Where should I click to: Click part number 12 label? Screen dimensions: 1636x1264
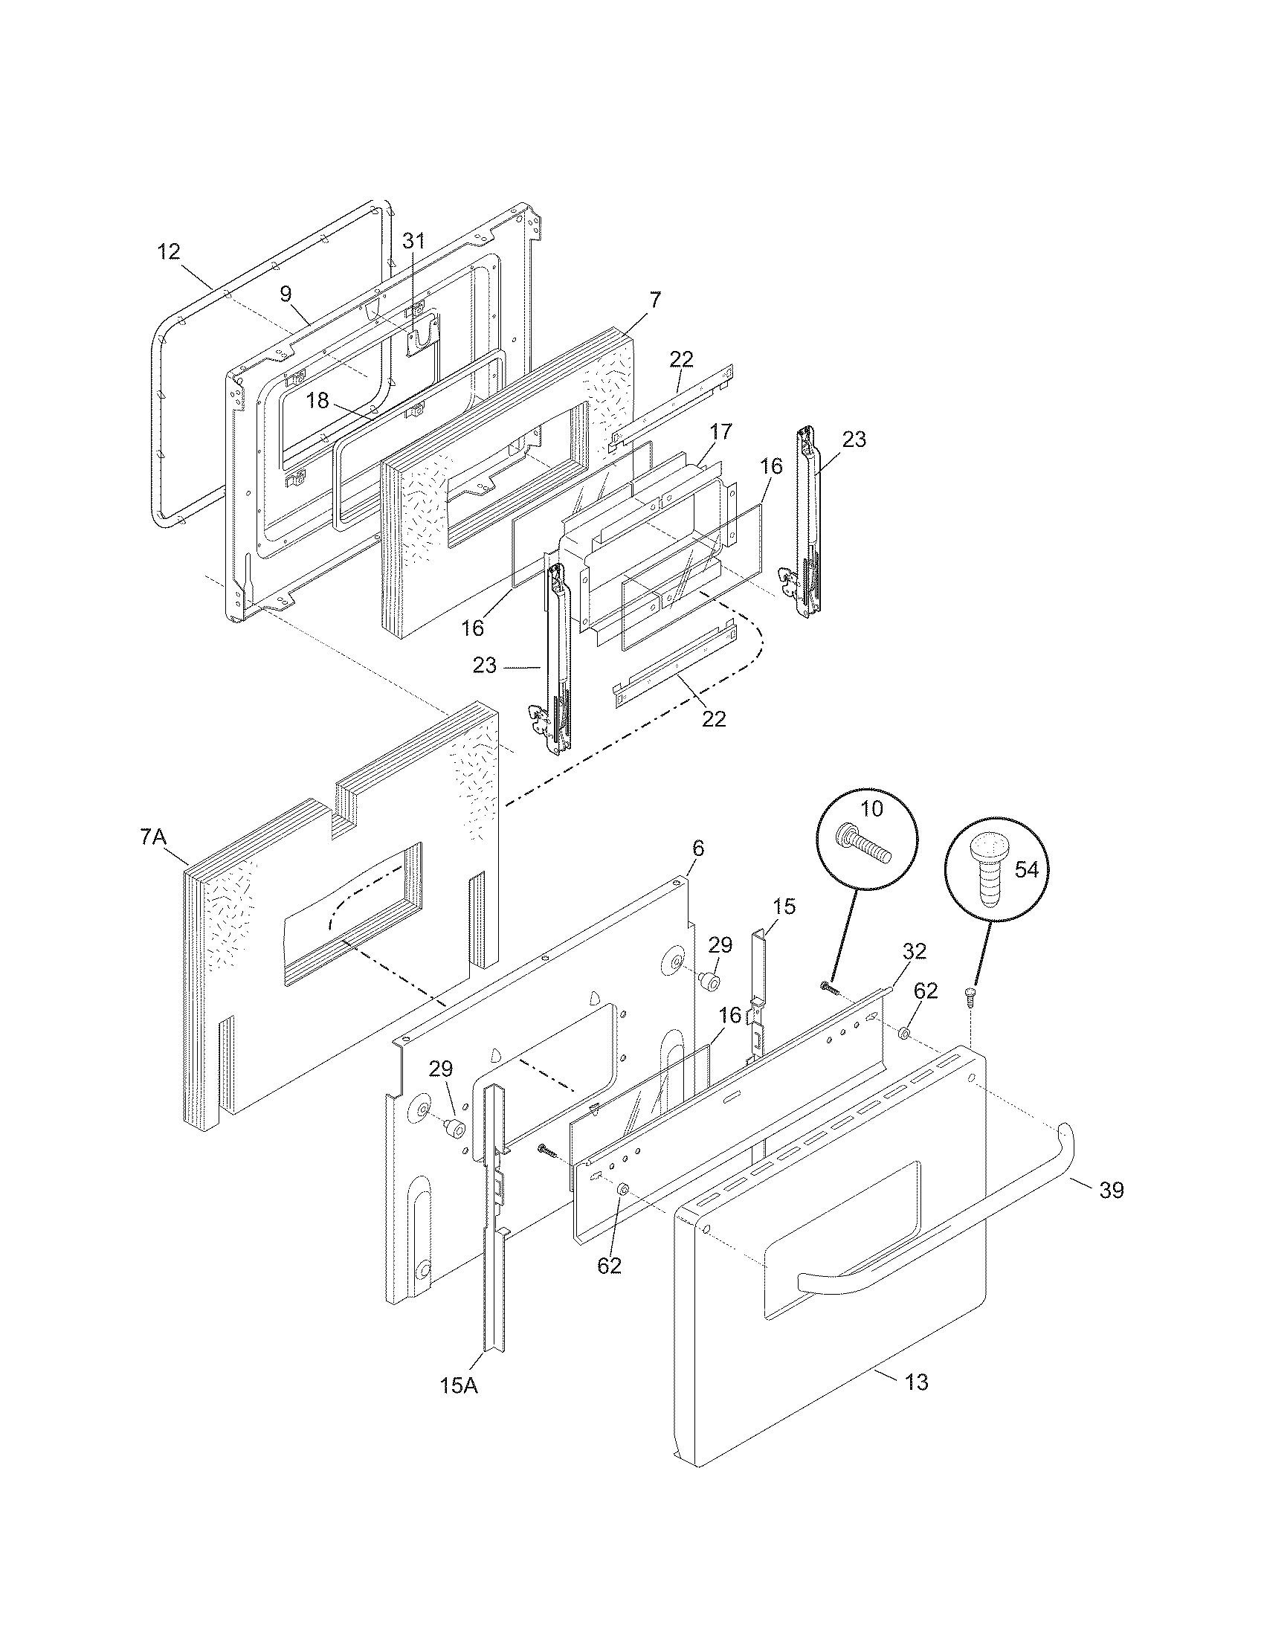[169, 251]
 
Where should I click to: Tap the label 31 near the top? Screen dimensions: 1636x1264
[413, 240]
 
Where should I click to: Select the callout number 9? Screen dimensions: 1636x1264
[286, 294]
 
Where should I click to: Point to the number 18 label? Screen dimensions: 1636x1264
[317, 400]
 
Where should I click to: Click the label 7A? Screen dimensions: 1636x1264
[152, 837]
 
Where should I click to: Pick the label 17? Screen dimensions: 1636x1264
[721, 431]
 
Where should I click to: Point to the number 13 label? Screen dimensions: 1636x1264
[917, 1382]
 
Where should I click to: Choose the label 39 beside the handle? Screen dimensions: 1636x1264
[1112, 1191]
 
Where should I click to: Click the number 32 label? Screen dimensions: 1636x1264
[915, 951]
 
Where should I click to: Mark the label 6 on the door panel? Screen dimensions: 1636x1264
[698, 848]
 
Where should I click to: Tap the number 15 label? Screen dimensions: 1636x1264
[784, 906]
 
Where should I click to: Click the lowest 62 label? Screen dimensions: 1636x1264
[610, 1265]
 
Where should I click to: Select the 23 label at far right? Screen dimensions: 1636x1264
[854, 439]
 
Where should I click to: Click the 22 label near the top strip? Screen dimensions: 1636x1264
[681, 359]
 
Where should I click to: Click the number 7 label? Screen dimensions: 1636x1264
[655, 300]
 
